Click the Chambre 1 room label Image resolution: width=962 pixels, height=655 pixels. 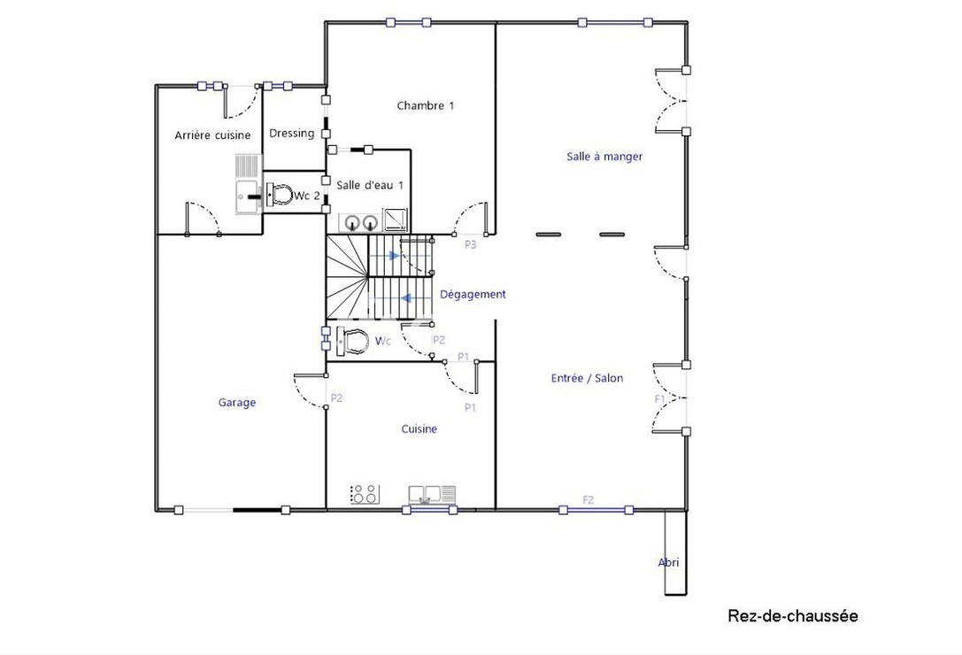pyautogui.click(x=425, y=105)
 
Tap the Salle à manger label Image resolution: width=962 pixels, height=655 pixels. pyautogui.click(x=604, y=157)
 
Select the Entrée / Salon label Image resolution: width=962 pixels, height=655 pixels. pyautogui.click(x=587, y=378)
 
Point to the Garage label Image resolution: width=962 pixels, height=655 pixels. pyautogui.click(x=237, y=402)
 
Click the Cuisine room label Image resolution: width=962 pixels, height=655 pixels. pyautogui.click(x=419, y=428)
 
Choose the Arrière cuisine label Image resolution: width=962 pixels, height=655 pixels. pyautogui.click(x=212, y=135)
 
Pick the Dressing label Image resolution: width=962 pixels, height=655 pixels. pyautogui.click(x=291, y=133)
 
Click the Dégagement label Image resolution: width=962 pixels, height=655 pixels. pyautogui.click(x=473, y=294)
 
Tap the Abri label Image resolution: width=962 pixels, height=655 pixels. pyautogui.click(x=669, y=562)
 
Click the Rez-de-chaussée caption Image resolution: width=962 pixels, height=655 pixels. pyautogui.click(x=792, y=615)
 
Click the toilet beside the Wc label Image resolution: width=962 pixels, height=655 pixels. pyautogui.click(x=354, y=340)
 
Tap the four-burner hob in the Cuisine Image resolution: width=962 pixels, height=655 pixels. pyautogui.click(x=364, y=494)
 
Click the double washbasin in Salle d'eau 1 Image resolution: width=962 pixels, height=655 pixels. pyautogui.click(x=361, y=221)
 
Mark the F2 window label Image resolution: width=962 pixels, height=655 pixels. pyautogui.click(x=588, y=500)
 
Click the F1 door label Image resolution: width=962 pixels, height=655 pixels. pyautogui.click(x=659, y=399)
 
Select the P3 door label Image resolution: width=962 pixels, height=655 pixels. pyautogui.click(x=470, y=245)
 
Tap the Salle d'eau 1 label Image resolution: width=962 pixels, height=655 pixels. pyautogui.click(x=370, y=184)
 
